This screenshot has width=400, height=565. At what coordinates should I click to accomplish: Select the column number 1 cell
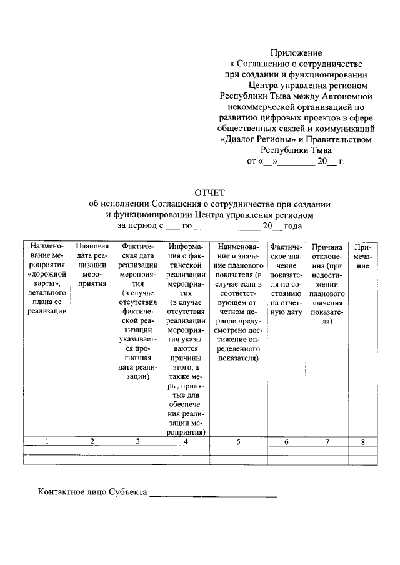pyautogui.click(x=47, y=441)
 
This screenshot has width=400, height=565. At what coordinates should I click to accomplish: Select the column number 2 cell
pyautogui.click(x=92, y=441)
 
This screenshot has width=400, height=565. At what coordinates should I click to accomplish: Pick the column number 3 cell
pyautogui.click(x=137, y=441)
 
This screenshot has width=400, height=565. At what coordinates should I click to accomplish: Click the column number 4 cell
pyautogui.click(x=186, y=441)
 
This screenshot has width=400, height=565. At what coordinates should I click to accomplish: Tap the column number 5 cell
pyautogui.click(x=238, y=441)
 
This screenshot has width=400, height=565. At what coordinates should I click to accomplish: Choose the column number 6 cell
pyautogui.click(x=286, y=441)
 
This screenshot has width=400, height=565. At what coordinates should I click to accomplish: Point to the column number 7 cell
pyautogui.click(x=327, y=441)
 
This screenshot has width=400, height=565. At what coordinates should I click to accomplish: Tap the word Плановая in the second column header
pyautogui.click(x=92, y=247)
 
